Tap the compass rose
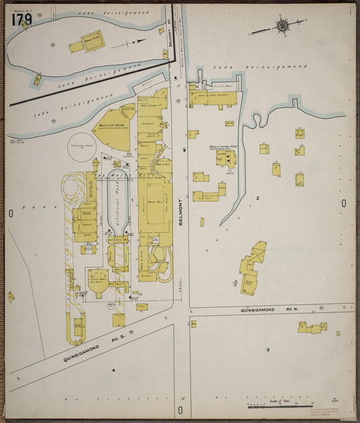pos(281,26)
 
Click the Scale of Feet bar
pos(278,406)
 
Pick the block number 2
pos(257,198)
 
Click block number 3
pos(267,349)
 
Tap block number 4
pos(113,370)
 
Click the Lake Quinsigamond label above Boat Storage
pos(259,67)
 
